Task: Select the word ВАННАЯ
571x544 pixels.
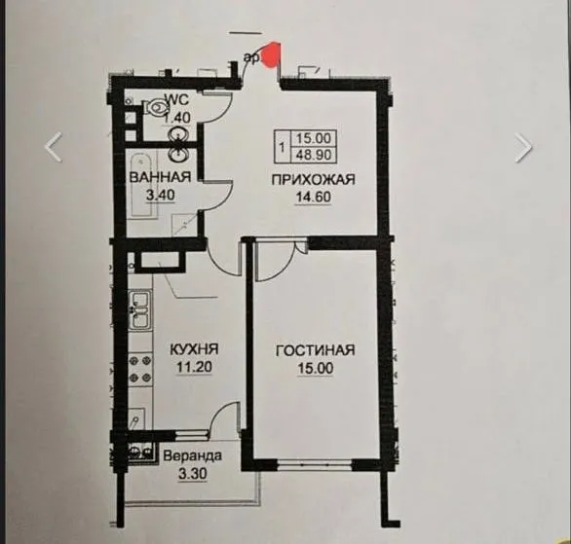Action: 159,177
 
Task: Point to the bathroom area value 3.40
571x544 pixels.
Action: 159,194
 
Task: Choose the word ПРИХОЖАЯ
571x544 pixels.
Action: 313,179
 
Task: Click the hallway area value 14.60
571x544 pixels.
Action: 313,196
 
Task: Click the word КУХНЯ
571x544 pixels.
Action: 193,348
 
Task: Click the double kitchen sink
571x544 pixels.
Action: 140,311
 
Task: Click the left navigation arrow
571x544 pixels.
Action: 55,146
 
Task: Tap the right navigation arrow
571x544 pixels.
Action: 524,146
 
